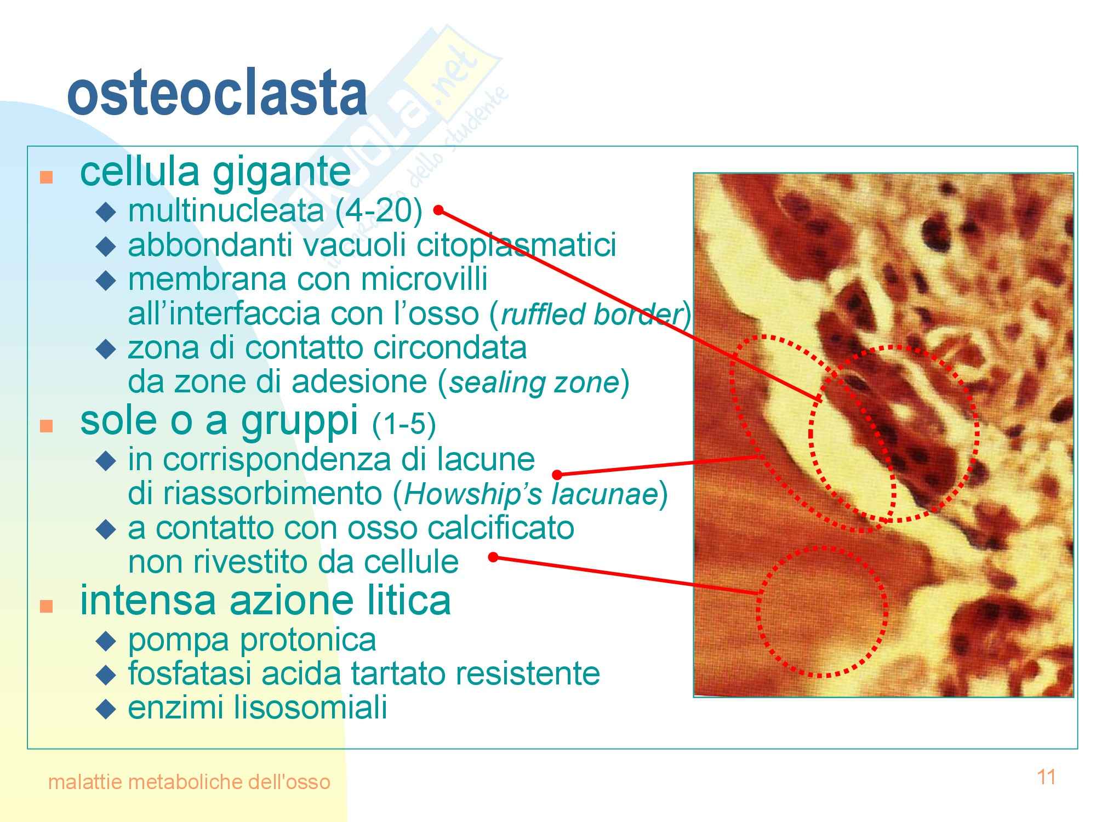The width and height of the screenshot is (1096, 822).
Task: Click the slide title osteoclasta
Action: (217, 94)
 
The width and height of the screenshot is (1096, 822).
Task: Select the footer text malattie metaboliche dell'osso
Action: (189, 781)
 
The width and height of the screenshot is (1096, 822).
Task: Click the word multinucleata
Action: (226, 210)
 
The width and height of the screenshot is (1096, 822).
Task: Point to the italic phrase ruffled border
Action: (590, 314)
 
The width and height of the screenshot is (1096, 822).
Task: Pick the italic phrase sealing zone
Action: (534, 383)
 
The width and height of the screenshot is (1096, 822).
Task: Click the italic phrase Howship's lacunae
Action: (530, 494)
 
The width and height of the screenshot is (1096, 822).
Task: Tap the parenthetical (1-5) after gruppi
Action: (404, 425)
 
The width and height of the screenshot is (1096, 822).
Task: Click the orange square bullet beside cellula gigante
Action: (47, 178)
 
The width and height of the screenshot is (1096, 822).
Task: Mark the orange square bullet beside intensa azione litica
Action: (47, 606)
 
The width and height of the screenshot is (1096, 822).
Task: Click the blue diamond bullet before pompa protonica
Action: (106, 640)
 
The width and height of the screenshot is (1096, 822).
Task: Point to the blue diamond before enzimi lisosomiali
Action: (106, 709)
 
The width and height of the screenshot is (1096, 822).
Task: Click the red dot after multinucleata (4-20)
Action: (438, 210)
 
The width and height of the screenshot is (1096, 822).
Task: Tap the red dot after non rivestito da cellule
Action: (493, 557)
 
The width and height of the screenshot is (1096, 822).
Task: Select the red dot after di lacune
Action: (557, 474)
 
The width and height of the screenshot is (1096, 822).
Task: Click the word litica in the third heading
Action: (414, 601)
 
